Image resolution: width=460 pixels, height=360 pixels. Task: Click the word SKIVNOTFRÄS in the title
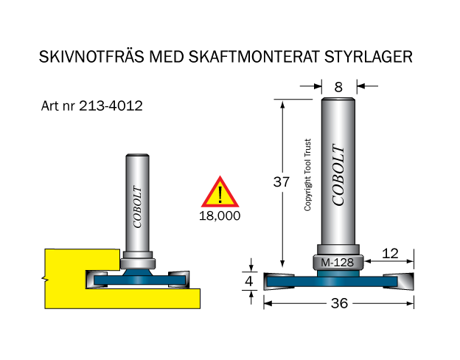[x=91, y=56]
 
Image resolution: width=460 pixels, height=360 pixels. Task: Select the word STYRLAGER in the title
[x=369, y=57]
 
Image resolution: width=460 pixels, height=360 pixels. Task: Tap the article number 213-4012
[x=111, y=105]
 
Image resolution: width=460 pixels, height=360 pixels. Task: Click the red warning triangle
[x=220, y=192]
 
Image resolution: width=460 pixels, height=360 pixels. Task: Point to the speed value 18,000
[x=220, y=216]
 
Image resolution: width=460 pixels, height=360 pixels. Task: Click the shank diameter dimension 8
[x=338, y=87]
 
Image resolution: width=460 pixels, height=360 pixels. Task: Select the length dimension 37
[x=282, y=181]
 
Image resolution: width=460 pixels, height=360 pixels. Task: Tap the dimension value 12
[x=390, y=254]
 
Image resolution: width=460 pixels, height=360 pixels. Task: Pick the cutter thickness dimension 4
[x=248, y=281]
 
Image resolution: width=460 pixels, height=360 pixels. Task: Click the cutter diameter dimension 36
[x=339, y=303]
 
